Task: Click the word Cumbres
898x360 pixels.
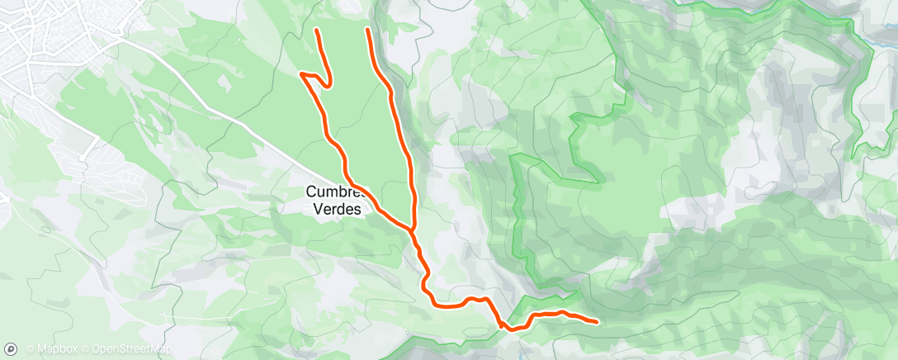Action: [333, 191]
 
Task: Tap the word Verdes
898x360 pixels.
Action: [338, 209]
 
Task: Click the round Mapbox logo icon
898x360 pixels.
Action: [11, 349]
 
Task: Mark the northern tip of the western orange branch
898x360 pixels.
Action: [317, 31]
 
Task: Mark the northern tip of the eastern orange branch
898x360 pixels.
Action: [366, 30]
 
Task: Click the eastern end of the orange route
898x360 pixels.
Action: [596, 320]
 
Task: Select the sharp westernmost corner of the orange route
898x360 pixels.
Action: [301, 75]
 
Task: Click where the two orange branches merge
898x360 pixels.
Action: [411, 227]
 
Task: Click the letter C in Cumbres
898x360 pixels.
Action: [311, 191]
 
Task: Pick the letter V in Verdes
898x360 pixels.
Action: [319, 209]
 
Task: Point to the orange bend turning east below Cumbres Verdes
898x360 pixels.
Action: [431, 302]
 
